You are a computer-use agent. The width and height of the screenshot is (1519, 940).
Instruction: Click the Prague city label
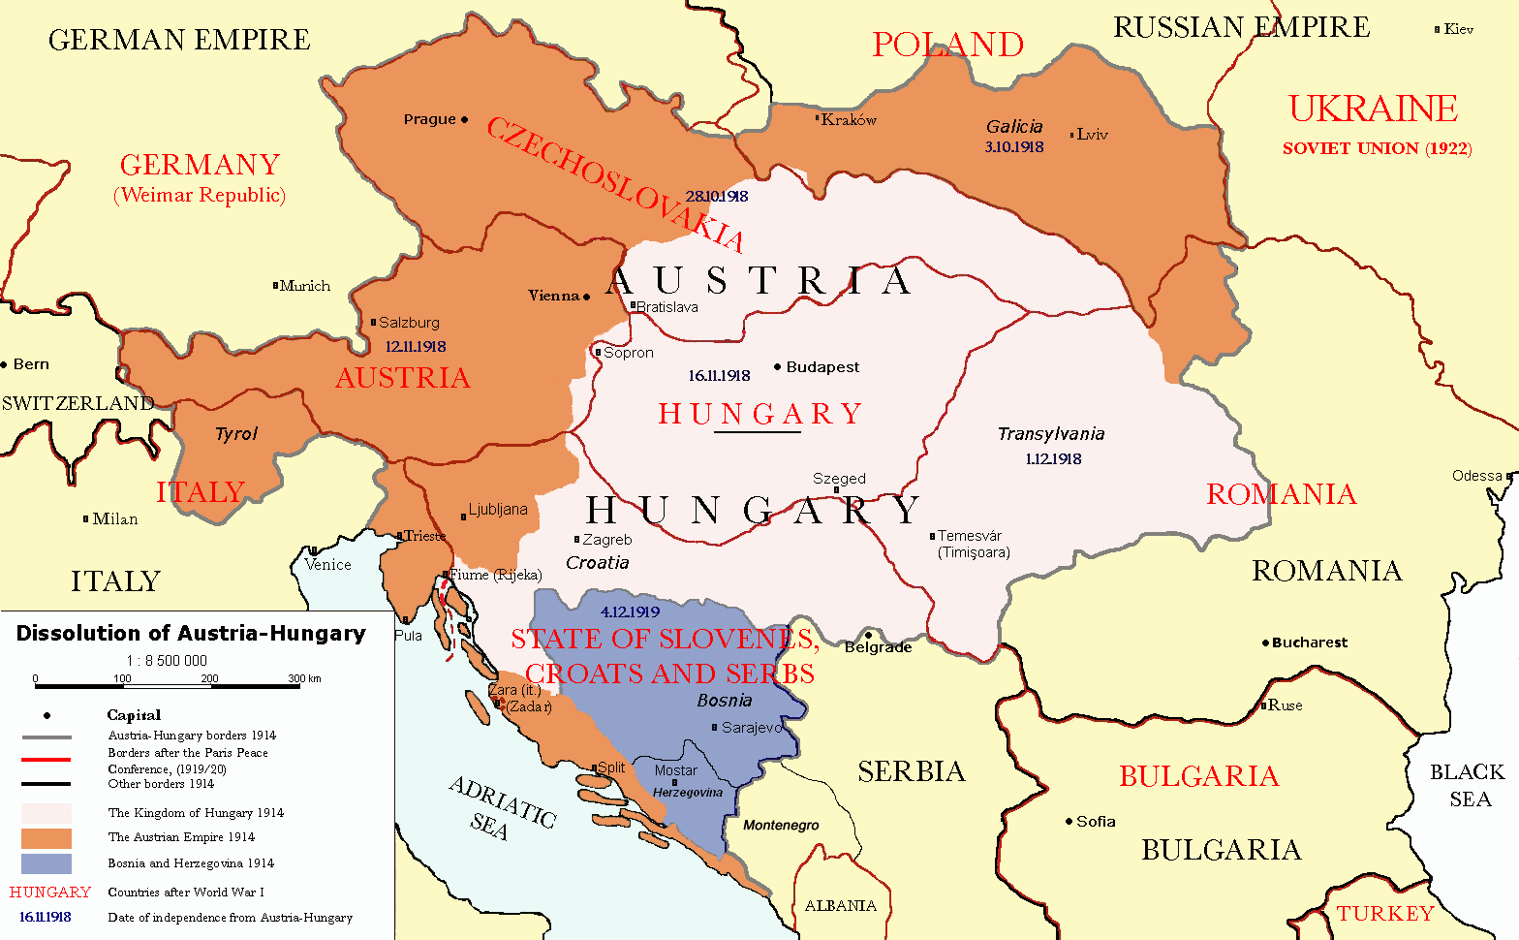point(429,119)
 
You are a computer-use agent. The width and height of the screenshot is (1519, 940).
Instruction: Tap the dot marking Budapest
point(777,367)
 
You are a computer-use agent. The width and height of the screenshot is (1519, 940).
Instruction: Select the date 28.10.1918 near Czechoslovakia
point(717,197)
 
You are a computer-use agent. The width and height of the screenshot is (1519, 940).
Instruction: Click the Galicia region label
point(1014,127)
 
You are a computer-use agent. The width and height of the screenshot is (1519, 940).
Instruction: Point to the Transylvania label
point(1051,434)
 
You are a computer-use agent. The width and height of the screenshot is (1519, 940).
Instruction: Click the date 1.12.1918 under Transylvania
point(1053,459)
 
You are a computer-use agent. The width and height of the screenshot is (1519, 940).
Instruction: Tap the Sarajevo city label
point(752,728)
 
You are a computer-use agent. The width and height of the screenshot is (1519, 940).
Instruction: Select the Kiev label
point(1458,29)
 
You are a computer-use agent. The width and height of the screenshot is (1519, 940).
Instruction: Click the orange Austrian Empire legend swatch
point(46,838)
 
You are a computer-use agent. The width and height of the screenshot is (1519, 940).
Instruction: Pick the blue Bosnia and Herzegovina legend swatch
point(46,863)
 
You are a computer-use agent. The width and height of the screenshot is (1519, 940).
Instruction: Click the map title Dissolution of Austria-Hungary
point(191,634)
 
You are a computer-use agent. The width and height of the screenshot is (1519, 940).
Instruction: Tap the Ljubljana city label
point(498,510)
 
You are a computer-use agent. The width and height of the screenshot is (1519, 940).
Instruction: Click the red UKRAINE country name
point(1373,109)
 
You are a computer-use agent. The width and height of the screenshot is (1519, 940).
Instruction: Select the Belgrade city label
point(878,647)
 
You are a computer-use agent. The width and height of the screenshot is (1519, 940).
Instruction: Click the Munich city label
point(305,286)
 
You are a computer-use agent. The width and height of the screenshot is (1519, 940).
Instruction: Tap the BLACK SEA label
point(1468,785)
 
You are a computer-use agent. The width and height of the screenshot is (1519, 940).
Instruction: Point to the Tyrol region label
point(236,434)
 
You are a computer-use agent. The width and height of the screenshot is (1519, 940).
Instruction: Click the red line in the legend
point(46,760)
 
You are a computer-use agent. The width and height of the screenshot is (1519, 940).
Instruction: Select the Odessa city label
point(1476,476)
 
